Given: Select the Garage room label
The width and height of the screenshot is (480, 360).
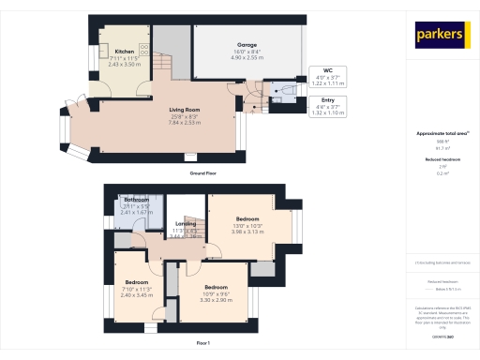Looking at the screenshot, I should click(248, 44).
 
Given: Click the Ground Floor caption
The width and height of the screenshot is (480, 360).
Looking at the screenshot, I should click(203, 173).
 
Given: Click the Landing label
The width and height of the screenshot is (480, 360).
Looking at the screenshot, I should click(185, 223).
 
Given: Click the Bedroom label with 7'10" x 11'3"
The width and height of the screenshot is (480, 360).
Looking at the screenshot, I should click(138, 281).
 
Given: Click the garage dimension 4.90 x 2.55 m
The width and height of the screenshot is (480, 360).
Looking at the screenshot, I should click(248, 57).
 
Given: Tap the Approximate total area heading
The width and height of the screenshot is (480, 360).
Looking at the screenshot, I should click(437, 133).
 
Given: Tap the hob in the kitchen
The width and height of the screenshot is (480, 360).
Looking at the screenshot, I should click(145, 46).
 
